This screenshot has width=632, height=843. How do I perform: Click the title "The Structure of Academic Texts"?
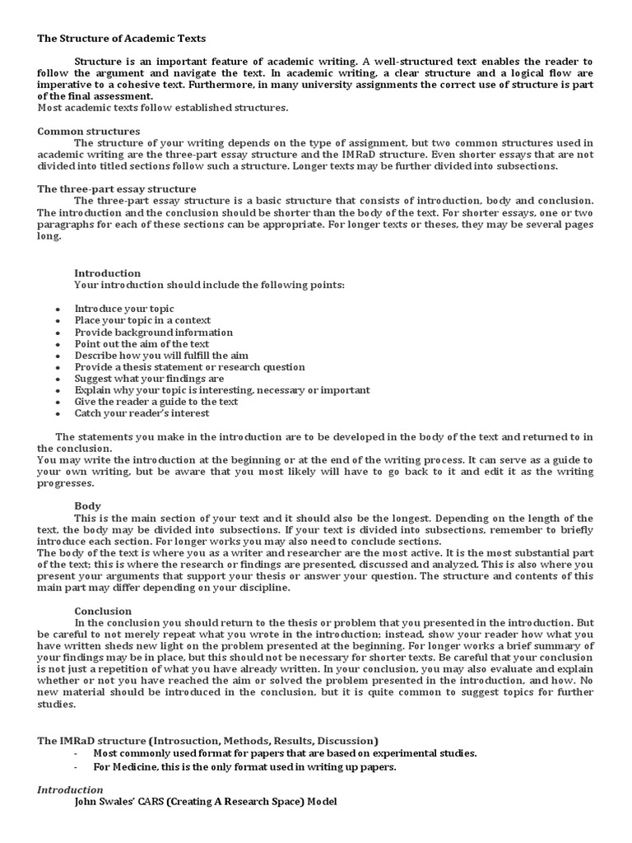[x=122, y=39]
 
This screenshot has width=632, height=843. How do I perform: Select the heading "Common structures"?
[x=89, y=132]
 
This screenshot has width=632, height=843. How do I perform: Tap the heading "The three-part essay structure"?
[x=116, y=189]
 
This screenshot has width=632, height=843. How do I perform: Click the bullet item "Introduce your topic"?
[x=124, y=309]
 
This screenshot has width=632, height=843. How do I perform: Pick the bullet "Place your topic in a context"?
[x=142, y=320]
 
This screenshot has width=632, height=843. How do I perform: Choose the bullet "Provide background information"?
[x=154, y=333]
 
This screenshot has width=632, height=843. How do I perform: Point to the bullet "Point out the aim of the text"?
[x=142, y=344]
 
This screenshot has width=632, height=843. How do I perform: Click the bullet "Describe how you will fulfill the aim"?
[x=161, y=356]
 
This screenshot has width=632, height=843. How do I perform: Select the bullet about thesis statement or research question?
[x=189, y=367]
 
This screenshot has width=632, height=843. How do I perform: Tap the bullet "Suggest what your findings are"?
[x=149, y=379]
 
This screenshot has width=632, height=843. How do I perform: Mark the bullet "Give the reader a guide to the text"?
[x=156, y=402]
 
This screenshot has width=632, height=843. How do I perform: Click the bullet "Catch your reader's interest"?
[x=142, y=413]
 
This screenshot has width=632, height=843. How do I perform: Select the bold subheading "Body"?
[x=88, y=506]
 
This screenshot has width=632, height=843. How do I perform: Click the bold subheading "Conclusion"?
[x=103, y=612]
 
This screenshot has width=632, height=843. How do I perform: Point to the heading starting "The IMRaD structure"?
[x=207, y=741]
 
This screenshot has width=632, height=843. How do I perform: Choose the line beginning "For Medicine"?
[x=244, y=767]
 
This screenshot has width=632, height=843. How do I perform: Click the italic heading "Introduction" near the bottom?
[x=70, y=790]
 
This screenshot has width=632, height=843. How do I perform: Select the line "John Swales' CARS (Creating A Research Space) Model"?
[x=206, y=802]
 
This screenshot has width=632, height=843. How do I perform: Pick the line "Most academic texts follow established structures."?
[x=163, y=108]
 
